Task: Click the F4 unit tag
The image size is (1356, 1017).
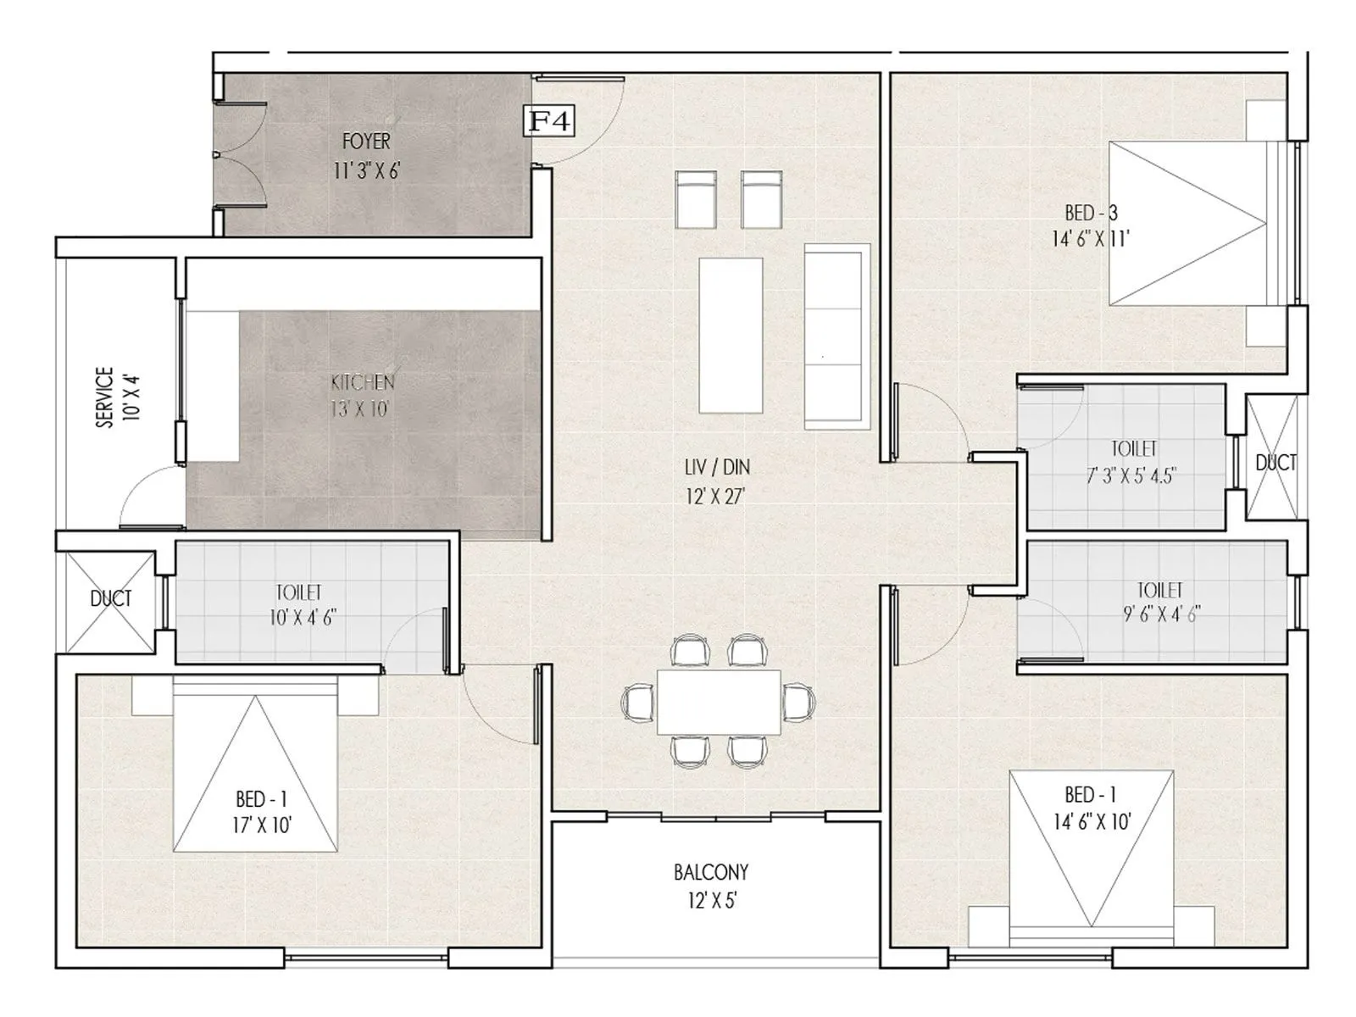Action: click(549, 121)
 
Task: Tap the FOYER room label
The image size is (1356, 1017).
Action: click(366, 141)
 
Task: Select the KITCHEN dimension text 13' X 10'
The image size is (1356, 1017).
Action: click(359, 409)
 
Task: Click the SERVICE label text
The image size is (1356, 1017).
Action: click(104, 397)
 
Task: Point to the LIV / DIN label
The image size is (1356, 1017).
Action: click(716, 467)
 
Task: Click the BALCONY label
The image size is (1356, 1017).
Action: click(711, 872)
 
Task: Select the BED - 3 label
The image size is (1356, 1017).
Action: click(1091, 213)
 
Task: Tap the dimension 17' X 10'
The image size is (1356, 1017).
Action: click(262, 825)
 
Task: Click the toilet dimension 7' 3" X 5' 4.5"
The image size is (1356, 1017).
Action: click(1132, 475)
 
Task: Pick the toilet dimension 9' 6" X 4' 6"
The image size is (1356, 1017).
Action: click(1161, 614)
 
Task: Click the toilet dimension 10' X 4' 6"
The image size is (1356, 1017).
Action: click(303, 617)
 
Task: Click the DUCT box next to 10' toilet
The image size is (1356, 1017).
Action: click(110, 600)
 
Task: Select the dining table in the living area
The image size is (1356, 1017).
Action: click(719, 702)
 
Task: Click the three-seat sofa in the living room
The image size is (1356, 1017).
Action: click(836, 336)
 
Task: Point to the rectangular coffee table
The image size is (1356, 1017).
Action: click(730, 335)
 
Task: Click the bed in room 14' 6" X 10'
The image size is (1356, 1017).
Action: click(1092, 856)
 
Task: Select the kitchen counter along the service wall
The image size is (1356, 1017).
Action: click(213, 386)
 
